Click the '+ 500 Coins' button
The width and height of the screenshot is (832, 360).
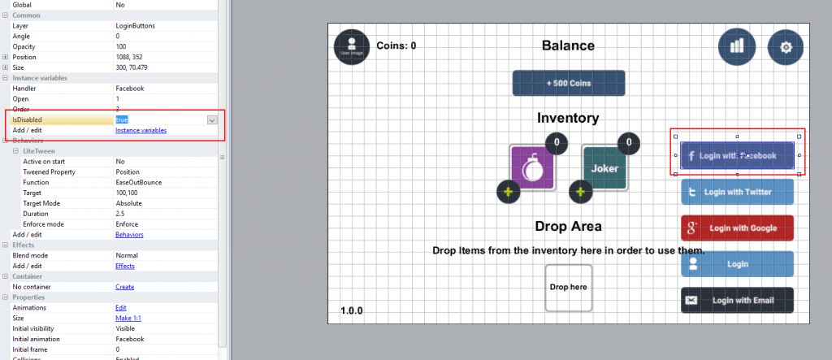[568, 83]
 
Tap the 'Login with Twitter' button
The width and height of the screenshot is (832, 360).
[737, 192]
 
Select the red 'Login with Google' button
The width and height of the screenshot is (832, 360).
[737, 228]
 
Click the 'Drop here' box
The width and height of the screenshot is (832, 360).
[568, 287]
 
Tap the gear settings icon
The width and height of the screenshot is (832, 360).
[786, 46]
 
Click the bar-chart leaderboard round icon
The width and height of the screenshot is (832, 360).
[736, 46]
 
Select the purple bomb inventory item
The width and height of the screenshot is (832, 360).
[532, 168]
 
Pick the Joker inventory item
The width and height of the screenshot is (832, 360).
[604, 168]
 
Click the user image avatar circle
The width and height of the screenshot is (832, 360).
[352, 46]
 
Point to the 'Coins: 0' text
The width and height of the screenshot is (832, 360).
[396, 46]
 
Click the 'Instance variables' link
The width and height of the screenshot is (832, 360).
[141, 130]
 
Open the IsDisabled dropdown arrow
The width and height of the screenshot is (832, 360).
[212, 119]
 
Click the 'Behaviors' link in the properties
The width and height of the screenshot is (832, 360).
[129, 234]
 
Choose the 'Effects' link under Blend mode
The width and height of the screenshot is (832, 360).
[125, 266]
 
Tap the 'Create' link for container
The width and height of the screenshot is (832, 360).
[124, 287]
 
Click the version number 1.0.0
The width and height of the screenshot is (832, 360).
[352, 310]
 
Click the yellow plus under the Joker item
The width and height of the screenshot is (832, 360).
[579, 193]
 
